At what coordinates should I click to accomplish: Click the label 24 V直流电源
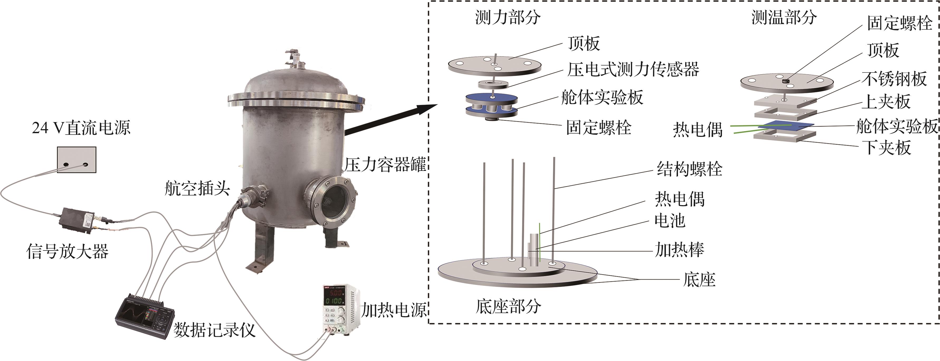pos(81,128)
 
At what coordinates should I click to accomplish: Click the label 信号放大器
pos(68,252)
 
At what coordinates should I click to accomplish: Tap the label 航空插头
pos(197,189)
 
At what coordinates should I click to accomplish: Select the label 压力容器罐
pos(385,165)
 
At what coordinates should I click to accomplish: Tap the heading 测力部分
pos(507,17)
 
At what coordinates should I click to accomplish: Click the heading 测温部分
pos(784,17)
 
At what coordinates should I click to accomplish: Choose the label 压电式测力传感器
pos(633,69)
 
